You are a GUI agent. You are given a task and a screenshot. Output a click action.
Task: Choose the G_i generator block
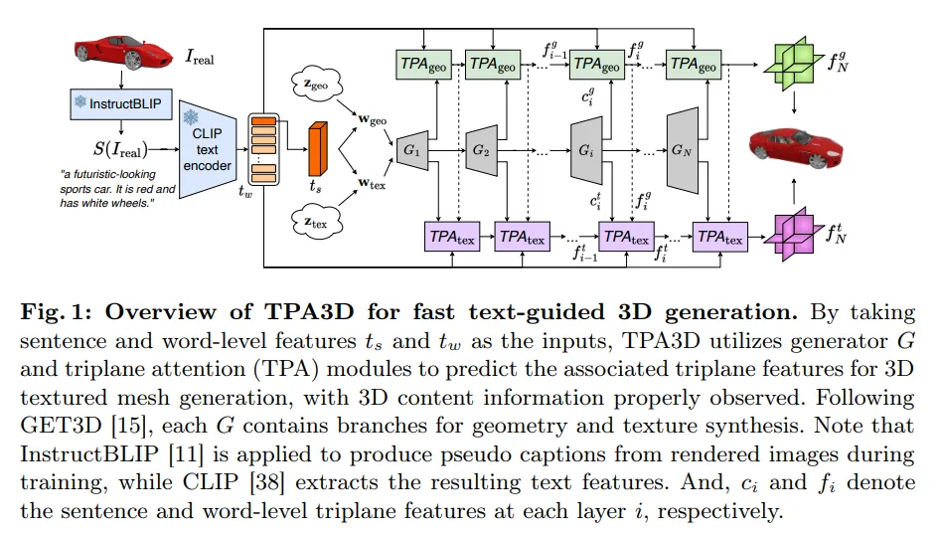click(587, 150)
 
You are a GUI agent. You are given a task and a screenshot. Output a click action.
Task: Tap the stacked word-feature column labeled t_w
click(262, 150)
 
